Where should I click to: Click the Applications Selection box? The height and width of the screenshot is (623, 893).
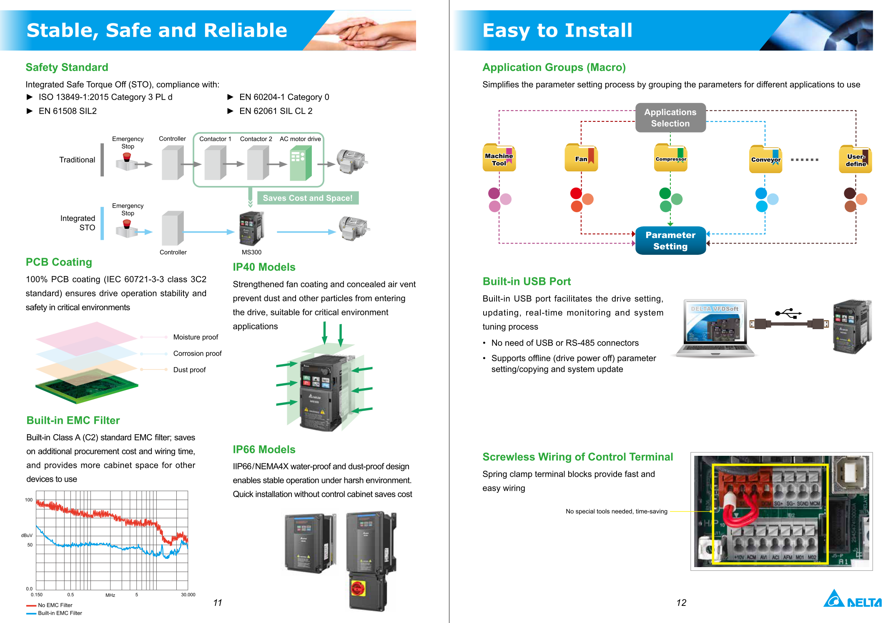(x=670, y=118)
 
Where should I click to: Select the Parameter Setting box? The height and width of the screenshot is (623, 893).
(x=670, y=241)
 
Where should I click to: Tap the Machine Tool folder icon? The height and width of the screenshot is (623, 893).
(x=499, y=158)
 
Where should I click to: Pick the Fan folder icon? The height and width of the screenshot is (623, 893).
(x=581, y=158)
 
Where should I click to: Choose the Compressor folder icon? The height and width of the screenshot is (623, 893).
(x=670, y=158)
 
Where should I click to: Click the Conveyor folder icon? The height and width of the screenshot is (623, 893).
(x=765, y=159)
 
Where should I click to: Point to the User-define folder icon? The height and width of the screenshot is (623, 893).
(x=855, y=159)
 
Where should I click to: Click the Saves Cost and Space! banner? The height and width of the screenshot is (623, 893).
(x=308, y=198)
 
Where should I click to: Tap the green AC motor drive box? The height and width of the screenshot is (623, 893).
(x=301, y=164)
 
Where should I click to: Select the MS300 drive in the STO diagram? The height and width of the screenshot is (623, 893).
(x=251, y=229)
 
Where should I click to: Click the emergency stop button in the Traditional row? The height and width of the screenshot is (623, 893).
(x=127, y=158)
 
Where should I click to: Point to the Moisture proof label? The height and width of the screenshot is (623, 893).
(x=196, y=337)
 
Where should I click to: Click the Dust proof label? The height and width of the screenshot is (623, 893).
(x=189, y=370)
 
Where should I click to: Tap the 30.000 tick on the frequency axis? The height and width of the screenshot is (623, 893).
(x=188, y=595)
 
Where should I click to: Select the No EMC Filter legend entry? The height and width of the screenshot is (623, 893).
(x=55, y=605)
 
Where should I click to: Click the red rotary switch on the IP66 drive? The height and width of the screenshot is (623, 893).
(x=358, y=588)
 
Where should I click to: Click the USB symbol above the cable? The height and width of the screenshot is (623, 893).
(x=788, y=313)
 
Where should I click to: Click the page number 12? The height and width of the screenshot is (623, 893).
(x=681, y=603)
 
